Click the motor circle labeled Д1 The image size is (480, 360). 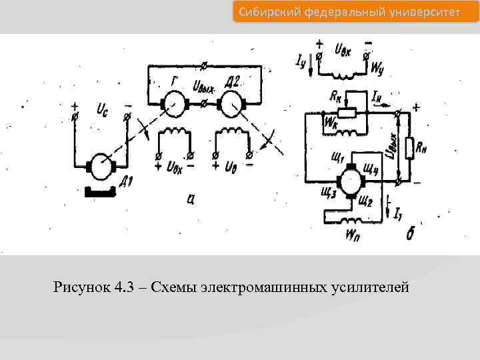click(x=103, y=166)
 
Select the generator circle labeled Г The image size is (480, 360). click(x=177, y=103)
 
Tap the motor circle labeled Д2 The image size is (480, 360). click(x=231, y=103)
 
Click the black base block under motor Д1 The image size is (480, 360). click(x=101, y=193)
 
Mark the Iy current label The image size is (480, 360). click(x=300, y=63)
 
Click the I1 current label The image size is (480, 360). click(x=397, y=214)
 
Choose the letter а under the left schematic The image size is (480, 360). click(x=191, y=198)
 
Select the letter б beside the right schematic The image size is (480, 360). click(x=411, y=234)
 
